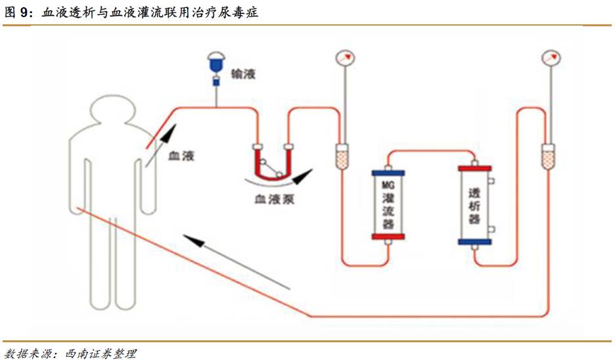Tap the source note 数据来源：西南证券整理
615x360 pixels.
click(x=70, y=353)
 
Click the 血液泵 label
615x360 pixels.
click(x=275, y=198)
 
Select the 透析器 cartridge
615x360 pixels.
click(x=474, y=205)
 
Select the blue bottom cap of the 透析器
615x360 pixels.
click(x=474, y=242)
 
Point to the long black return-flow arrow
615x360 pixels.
click(x=237, y=261)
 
